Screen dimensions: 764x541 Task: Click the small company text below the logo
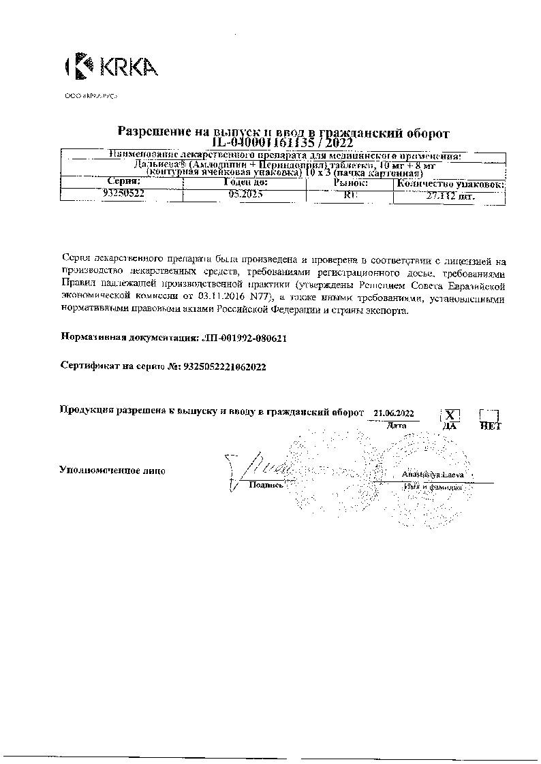[91, 97]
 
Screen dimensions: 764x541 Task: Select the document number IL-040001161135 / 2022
[282, 143]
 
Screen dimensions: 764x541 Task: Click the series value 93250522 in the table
[123, 194]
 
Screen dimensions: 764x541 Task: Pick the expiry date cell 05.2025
[245, 194]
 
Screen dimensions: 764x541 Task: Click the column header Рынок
[351, 182]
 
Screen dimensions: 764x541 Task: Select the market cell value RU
[351, 194]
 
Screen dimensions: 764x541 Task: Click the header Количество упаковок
[450, 183]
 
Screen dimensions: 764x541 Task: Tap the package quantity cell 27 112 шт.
[450, 195]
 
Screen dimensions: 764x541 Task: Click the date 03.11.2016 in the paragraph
[221, 297]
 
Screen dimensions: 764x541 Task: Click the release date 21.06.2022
[393, 413]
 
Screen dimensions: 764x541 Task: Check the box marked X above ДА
[450, 415]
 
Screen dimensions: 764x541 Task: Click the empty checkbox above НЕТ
[490, 415]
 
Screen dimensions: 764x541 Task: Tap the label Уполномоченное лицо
[112, 470]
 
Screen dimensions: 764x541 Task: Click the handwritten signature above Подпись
[262, 466]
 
